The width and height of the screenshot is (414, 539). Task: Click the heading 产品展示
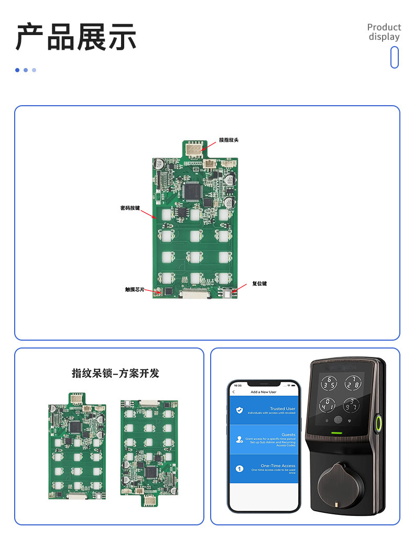pyautogui.click(x=76, y=37)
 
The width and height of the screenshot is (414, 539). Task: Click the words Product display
pyautogui.click(x=384, y=32)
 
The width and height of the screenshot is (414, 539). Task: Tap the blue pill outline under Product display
pyautogui.click(x=395, y=57)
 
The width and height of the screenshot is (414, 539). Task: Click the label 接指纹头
pyautogui.click(x=228, y=140)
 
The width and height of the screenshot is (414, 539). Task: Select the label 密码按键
pyautogui.click(x=130, y=208)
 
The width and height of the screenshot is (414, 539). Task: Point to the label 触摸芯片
pyautogui.click(x=134, y=289)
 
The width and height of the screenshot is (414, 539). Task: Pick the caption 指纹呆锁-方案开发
pyautogui.click(x=115, y=373)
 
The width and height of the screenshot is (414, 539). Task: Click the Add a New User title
pyautogui.click(x=263, y=392)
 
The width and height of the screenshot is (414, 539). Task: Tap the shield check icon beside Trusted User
pyautogui.click(x=239, y=410)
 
